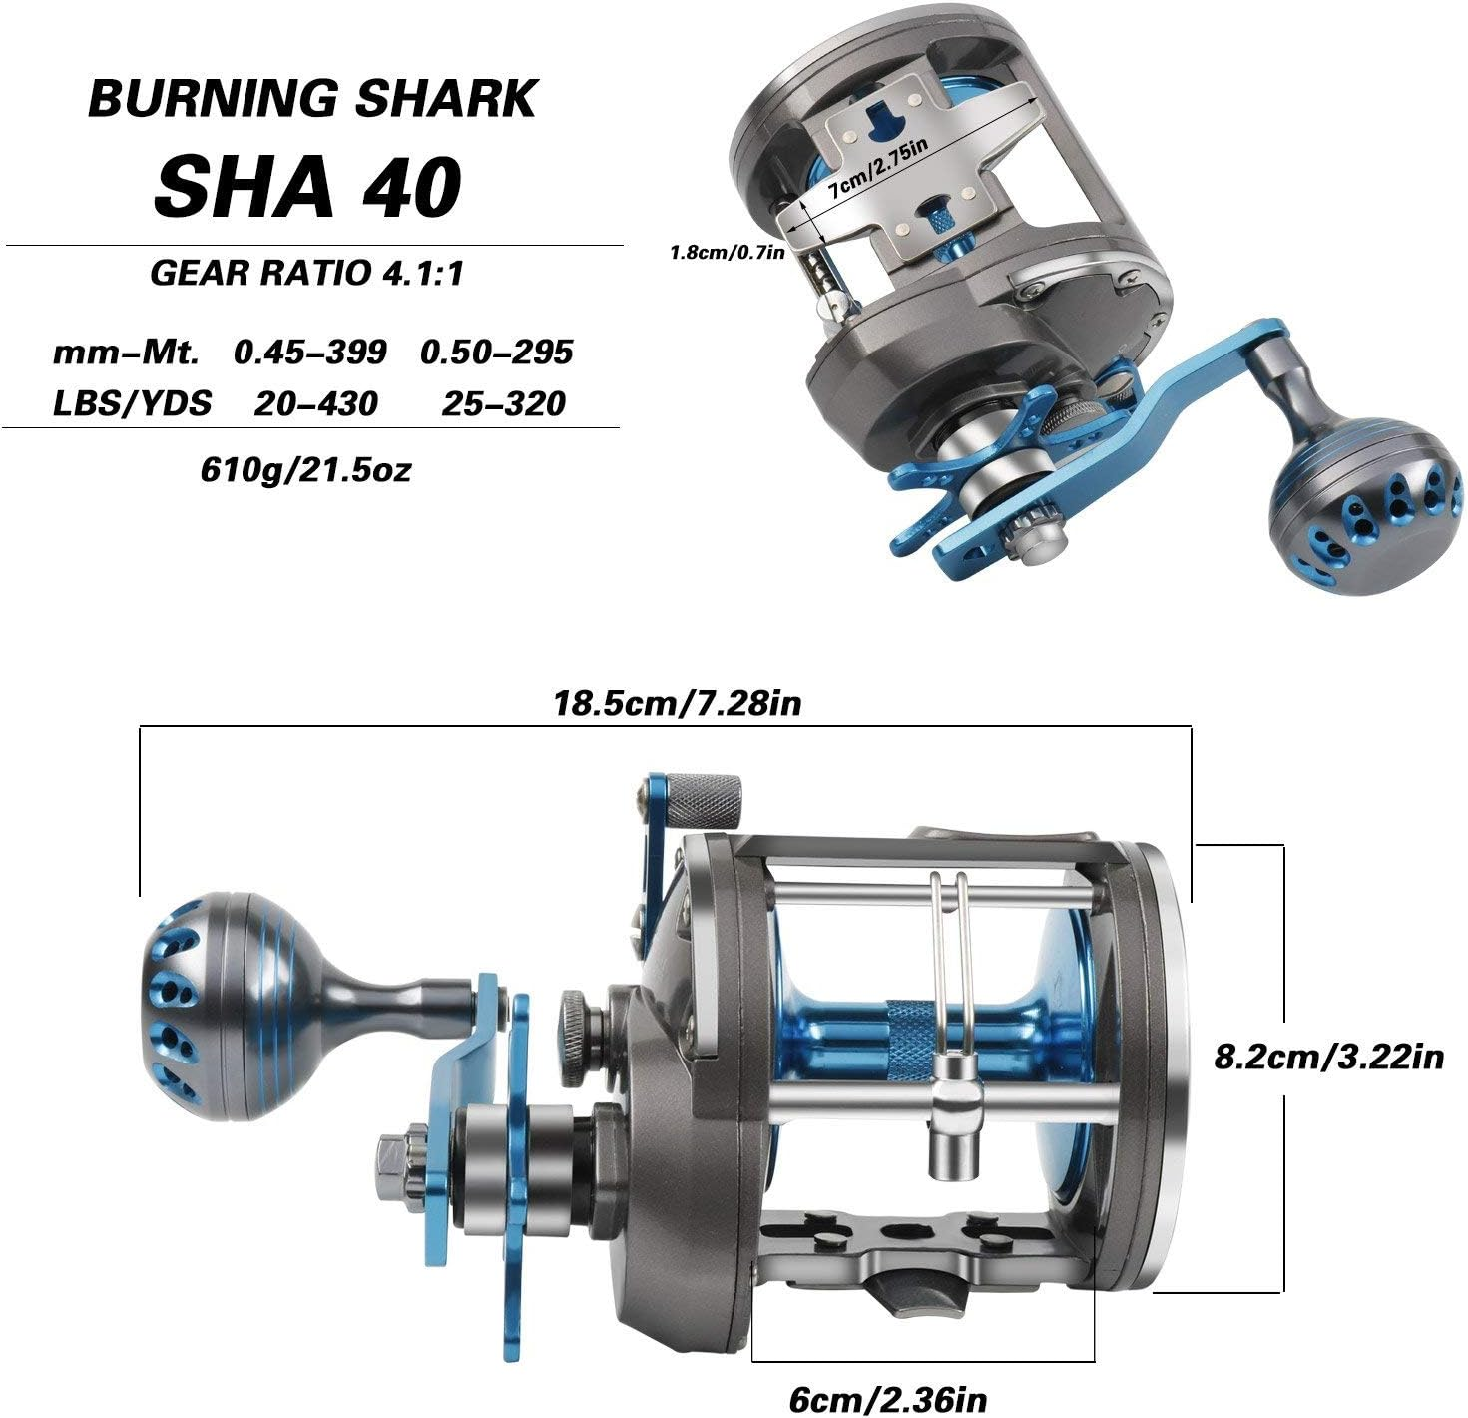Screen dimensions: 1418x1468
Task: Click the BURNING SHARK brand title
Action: [x=312, y=99]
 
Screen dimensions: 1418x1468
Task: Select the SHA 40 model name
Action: [x=307, y=187]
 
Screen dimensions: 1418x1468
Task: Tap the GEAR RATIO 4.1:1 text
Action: [x=307, y=273]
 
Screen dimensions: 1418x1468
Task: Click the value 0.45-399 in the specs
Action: [x=309, y=352]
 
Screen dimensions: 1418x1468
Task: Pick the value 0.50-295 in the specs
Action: [x=496, y=352]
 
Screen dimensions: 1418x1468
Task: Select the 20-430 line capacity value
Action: [x=315, y=403]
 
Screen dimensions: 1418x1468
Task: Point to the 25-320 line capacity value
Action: [x=503, y=403]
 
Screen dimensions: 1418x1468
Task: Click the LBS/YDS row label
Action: [x=132, y=403]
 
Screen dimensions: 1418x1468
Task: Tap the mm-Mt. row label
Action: [x=127, y=352]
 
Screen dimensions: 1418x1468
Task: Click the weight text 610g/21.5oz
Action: [x=305, y=468]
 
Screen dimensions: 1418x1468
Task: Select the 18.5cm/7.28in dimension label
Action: [x=678, y=704]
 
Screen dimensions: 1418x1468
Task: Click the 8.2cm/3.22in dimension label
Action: [x=1328, y=1056]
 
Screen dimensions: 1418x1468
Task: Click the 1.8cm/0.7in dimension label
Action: [x=728, y=252]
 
